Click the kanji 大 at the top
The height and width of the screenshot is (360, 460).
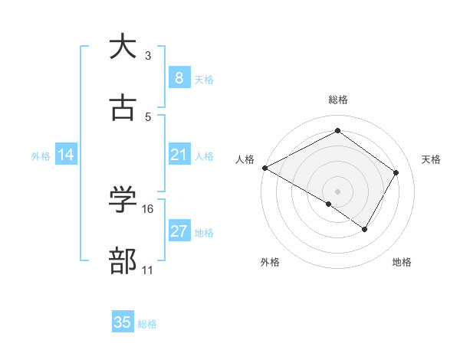[x=123, y=47]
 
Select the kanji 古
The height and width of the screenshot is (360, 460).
[x=123, y=109]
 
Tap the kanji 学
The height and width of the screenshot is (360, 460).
[x=123, y=201]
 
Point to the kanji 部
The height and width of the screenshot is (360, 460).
[x=123, y=262]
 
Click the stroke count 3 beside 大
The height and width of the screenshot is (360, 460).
[x=148, y=56]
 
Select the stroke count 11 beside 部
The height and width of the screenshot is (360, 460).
[x=148, y=270]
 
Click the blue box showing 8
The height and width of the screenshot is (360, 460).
[x=179, y=78]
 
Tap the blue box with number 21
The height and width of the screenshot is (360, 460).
[x=179, y=155]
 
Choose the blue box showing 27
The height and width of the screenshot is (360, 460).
[x=179, y=231]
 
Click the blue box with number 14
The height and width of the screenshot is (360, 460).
[x=66, y=155]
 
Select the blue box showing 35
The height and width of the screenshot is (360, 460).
[x=123, y=322]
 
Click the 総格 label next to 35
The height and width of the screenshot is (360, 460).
[x=147, y=324]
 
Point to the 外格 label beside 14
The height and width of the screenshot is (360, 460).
[x=41, y=155]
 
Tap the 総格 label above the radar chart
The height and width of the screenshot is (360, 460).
[x=337, y=100]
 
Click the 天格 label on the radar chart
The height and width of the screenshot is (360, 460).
[x=431, y=159]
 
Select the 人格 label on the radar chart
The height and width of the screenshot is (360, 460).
[x=245, y=159]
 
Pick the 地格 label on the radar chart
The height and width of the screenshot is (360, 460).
[x=402, y=262]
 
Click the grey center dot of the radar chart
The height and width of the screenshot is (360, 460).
[x=337, y=191]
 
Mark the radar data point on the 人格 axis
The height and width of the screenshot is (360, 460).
[x=264, y=168]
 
